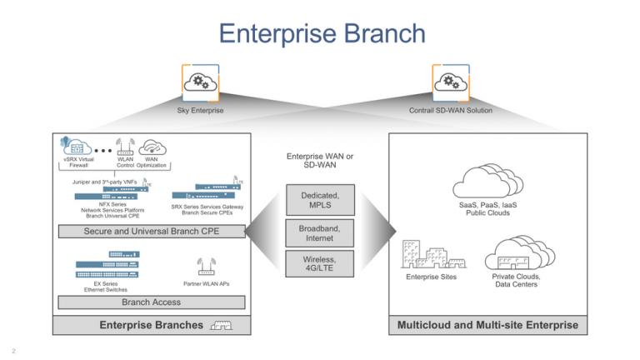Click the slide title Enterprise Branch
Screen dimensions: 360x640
(x=322, y=34)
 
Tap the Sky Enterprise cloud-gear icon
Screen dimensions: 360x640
(x=200, y=82)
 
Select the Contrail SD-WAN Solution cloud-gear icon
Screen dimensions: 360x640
(x=451, y=82)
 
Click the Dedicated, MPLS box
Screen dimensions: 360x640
(x=320, y=200)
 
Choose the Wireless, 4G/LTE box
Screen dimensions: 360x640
(x=320, y=264)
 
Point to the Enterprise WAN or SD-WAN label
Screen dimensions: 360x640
(x=320, y=160)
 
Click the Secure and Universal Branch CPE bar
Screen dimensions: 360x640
(x=151, y=231)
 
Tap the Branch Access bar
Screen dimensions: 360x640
(x=151, y=302)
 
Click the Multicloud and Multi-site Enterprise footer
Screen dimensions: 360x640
(x=487, y=325)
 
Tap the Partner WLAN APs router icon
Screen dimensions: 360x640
(x=207, y=267)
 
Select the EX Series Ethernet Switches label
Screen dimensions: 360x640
(x=106, y=287)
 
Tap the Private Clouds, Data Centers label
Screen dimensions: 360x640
(x=516, y=281)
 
